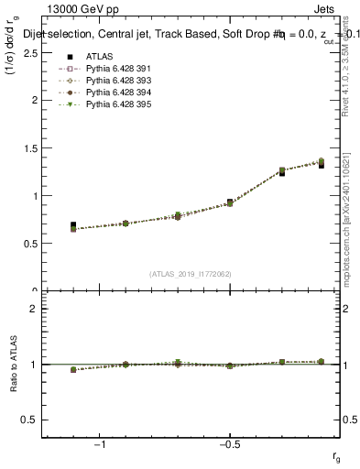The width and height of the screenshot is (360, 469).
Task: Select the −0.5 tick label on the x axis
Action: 228,444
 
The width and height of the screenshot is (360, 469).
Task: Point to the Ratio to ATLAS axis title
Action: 14,364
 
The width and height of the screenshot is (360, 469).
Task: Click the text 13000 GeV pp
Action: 76,10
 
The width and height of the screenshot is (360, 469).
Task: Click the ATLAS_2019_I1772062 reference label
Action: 191,274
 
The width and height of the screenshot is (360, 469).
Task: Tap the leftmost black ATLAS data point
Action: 73,224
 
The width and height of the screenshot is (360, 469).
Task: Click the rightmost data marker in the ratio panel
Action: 322,362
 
